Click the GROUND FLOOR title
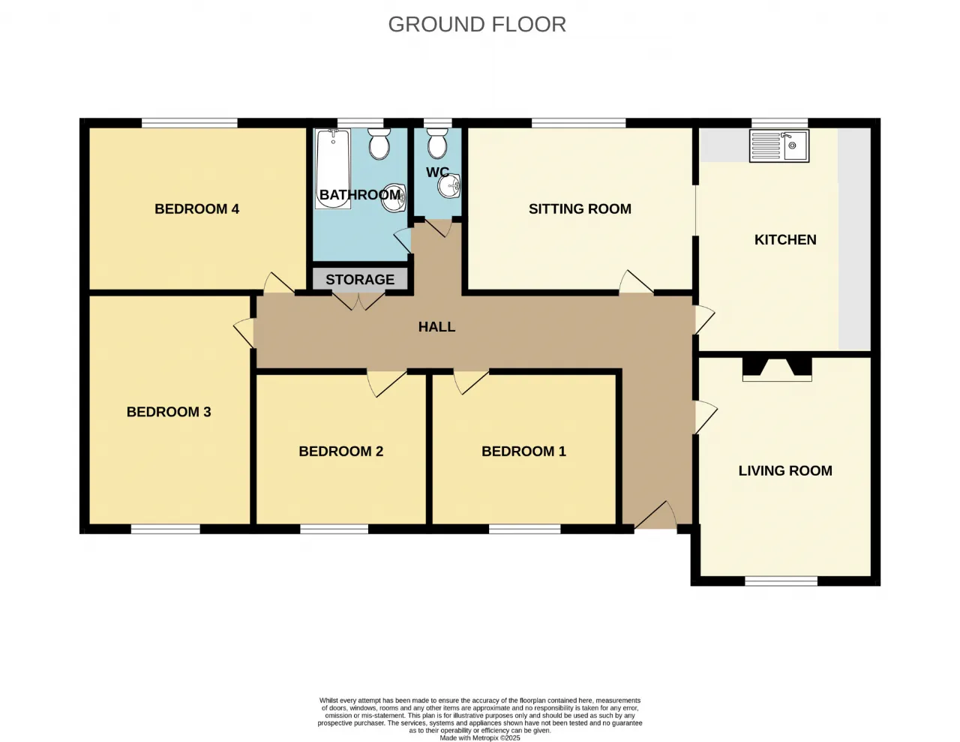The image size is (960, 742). pyautogui.click(x=477, y=24)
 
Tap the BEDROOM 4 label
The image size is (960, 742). pyautogui.click(x=196, y=209)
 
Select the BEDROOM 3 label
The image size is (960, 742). pyautogui.click(x=169, y=412)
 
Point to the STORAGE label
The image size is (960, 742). pyautogui.click(x=360, y=279)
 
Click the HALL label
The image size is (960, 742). pyautogui.click(x=436, y=326)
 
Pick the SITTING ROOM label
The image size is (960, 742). pyautogui.click(x=580, y=209)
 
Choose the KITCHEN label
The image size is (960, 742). pyautogui.click(x=785, y=239)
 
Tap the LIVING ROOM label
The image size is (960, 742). pyautogui.click(x=785, y=470)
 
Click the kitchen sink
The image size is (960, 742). pyautogui.click(x=779, y=146)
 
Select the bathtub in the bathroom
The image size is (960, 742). pyautogui.click(x=333, y=168)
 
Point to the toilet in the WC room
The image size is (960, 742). pyautogui.click(x=437, y=143)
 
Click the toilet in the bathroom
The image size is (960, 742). pyautogui.click(x=379, y=143)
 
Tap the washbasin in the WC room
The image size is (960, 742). pyautogui.click(x=448, y=185)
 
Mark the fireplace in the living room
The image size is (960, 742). pyautogui.click(x=777, y=369)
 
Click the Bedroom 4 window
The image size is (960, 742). pyautogui.click(x=190, y=123)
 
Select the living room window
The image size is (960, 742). pyautogui.click(x=781, y=581)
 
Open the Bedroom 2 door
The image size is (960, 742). pyautogui.click(x=386, y=383)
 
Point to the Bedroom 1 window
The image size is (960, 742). pyautogui.click(x=524, y=529)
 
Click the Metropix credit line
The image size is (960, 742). pyautogui.click(x=480, y=738)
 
